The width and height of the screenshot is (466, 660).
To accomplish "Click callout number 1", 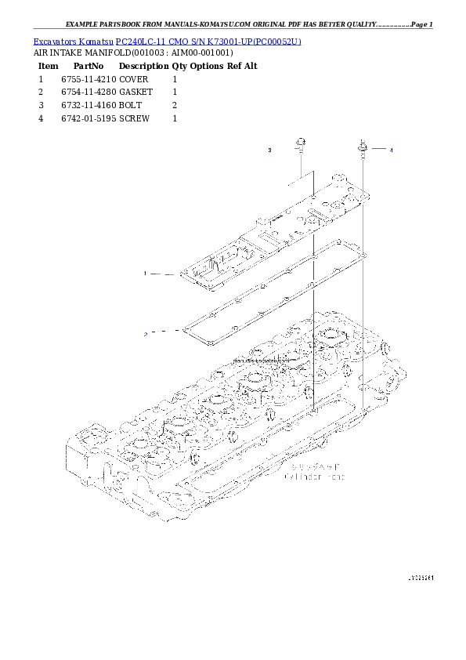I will (x=146, y=274).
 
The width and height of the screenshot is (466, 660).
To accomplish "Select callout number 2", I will (x=146, y=333).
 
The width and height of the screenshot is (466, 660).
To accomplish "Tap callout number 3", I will (x=269, y=149).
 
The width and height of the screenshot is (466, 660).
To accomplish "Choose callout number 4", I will (x=392, y=149).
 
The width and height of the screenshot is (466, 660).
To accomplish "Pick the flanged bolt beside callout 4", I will (x=363, y=148).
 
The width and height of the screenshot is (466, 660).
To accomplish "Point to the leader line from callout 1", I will (x=164, y=274).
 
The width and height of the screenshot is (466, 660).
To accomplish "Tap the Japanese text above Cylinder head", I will (x=312, y=466).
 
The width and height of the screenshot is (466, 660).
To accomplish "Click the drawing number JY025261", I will (x=421, y=577).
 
